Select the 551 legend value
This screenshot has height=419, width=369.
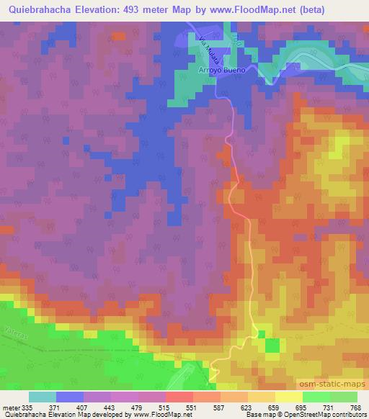point(191,407)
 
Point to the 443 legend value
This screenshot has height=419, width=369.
point(109,407)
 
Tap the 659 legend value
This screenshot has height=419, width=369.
point(273,407)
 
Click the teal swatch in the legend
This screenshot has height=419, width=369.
point(42,397)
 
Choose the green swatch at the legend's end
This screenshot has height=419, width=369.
point(343,397)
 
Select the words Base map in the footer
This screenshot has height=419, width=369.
point(258,415)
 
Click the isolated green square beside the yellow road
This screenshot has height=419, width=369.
point(272,346)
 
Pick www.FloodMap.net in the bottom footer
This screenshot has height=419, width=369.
point(155,415)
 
